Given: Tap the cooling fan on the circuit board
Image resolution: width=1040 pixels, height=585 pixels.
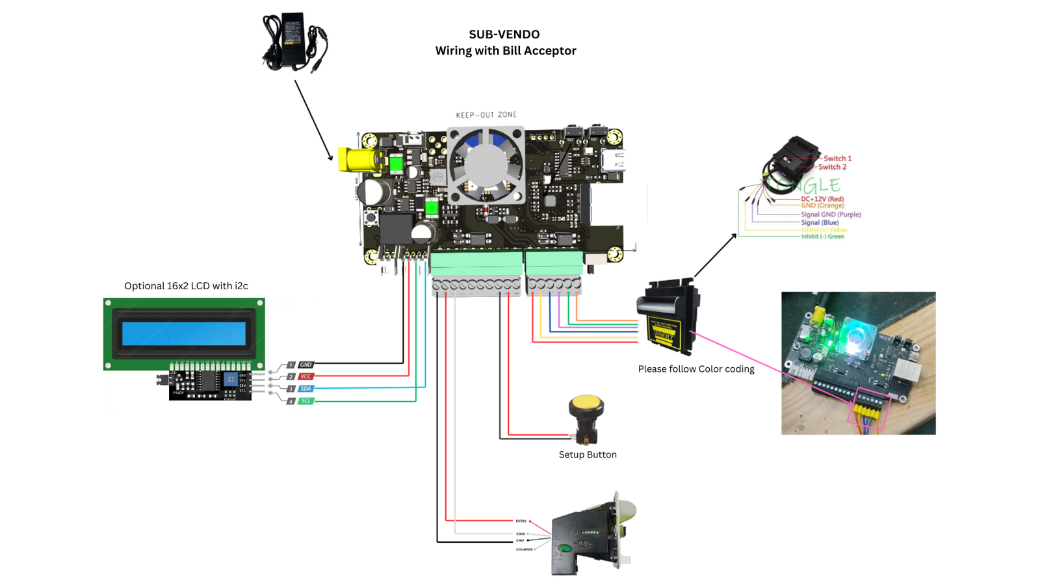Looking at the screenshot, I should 486,165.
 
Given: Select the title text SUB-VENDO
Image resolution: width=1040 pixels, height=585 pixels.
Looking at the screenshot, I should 504,34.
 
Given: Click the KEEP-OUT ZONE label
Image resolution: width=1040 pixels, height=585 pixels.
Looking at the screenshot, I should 486,115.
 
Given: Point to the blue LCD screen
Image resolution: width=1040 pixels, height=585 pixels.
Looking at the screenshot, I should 184,333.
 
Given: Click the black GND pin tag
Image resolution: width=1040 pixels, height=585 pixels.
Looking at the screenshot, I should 305,365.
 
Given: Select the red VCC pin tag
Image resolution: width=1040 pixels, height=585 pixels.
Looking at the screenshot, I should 305,376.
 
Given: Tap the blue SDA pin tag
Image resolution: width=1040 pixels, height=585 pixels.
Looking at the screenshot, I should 305,389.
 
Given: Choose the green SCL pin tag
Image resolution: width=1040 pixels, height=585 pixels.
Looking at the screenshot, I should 305,401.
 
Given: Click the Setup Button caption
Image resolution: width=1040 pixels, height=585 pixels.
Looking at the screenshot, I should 588,455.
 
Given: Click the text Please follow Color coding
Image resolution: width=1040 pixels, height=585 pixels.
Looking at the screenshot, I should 696,369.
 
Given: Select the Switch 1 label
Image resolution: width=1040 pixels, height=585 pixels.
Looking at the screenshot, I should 837,159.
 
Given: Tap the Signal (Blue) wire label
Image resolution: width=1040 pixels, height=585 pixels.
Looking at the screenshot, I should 820,222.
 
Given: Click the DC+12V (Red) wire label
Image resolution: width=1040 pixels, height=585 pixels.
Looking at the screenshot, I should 822,199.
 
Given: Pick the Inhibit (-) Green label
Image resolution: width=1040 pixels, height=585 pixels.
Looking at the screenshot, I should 822,237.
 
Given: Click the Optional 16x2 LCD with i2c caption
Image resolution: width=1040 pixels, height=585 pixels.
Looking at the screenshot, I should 186,286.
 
